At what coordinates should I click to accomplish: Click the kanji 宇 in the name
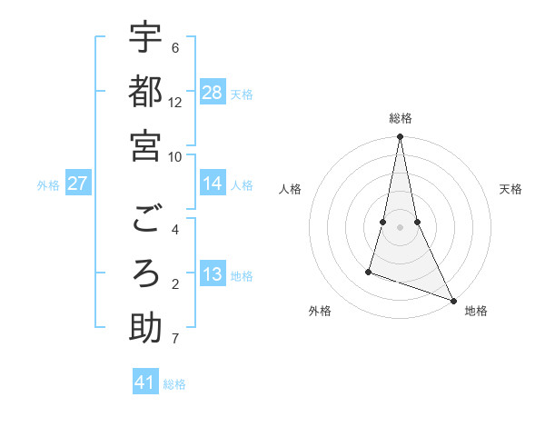145,39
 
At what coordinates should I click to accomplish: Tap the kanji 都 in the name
145,93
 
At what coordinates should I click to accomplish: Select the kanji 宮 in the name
145,146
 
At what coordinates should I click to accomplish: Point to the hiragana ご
145,221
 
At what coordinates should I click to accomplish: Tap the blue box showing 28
213,93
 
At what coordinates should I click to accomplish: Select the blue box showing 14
213,184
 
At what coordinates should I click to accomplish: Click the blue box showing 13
213,275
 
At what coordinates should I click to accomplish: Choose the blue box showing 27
77,184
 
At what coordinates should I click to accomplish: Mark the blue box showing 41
145,382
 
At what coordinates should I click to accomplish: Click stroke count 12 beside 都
175,103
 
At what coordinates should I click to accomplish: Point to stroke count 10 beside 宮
175,156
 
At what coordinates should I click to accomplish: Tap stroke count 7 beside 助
174,340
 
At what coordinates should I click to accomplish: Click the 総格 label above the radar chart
401,118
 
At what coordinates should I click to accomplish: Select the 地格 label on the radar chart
476,312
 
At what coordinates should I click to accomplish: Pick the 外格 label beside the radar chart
320,312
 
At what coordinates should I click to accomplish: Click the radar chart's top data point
401,137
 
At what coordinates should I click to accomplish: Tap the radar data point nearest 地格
452,300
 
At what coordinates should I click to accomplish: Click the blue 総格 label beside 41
175,384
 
